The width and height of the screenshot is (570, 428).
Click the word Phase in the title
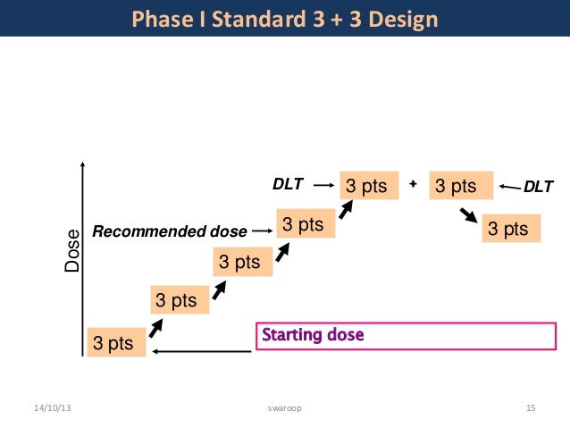158,18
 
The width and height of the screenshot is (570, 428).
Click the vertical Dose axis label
72,252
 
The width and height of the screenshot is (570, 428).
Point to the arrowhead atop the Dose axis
82,165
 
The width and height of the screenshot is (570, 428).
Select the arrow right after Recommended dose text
261,231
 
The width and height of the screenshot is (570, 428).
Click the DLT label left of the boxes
288,186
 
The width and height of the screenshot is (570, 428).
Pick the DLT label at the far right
538,187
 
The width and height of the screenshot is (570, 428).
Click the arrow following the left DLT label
323,186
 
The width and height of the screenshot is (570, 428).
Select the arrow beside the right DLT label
510,187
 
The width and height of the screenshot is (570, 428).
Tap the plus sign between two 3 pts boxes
413,184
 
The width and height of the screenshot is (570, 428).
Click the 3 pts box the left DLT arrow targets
367,187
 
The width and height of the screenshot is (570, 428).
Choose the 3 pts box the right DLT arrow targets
462,187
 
